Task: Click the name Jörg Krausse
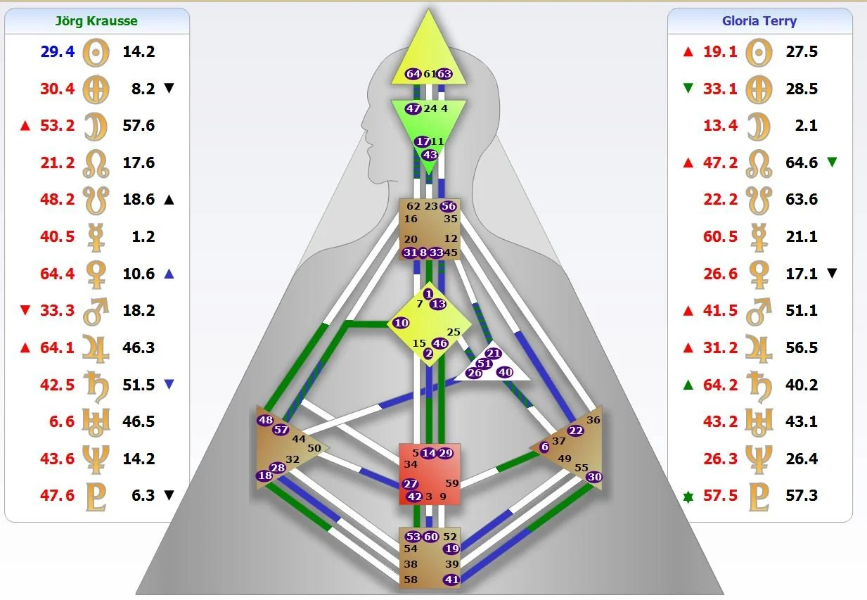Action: [96, 20]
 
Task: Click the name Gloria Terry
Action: [759, 20]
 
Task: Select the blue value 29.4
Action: [58, 51]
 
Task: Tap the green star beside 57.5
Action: [688, 496]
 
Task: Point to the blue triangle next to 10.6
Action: [168, 274]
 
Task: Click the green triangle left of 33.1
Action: [688, 89]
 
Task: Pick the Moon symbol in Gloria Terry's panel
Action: [759, 125]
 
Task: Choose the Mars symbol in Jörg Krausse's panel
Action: [96, 310]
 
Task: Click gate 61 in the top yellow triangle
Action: [429, 74]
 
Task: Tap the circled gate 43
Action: [429, 155]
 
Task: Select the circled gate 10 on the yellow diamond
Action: [401, 323]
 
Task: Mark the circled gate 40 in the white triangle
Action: [504, 372]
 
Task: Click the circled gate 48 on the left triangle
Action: [265, 421]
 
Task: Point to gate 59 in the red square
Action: [451, 483]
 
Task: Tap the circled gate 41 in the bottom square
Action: [451, 580]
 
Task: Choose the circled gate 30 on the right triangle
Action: [594, 477]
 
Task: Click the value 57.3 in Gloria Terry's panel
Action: [802, 496]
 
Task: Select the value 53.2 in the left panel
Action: [58, 125]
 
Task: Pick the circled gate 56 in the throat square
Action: [448, 207]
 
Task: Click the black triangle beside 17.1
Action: [833, 274]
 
